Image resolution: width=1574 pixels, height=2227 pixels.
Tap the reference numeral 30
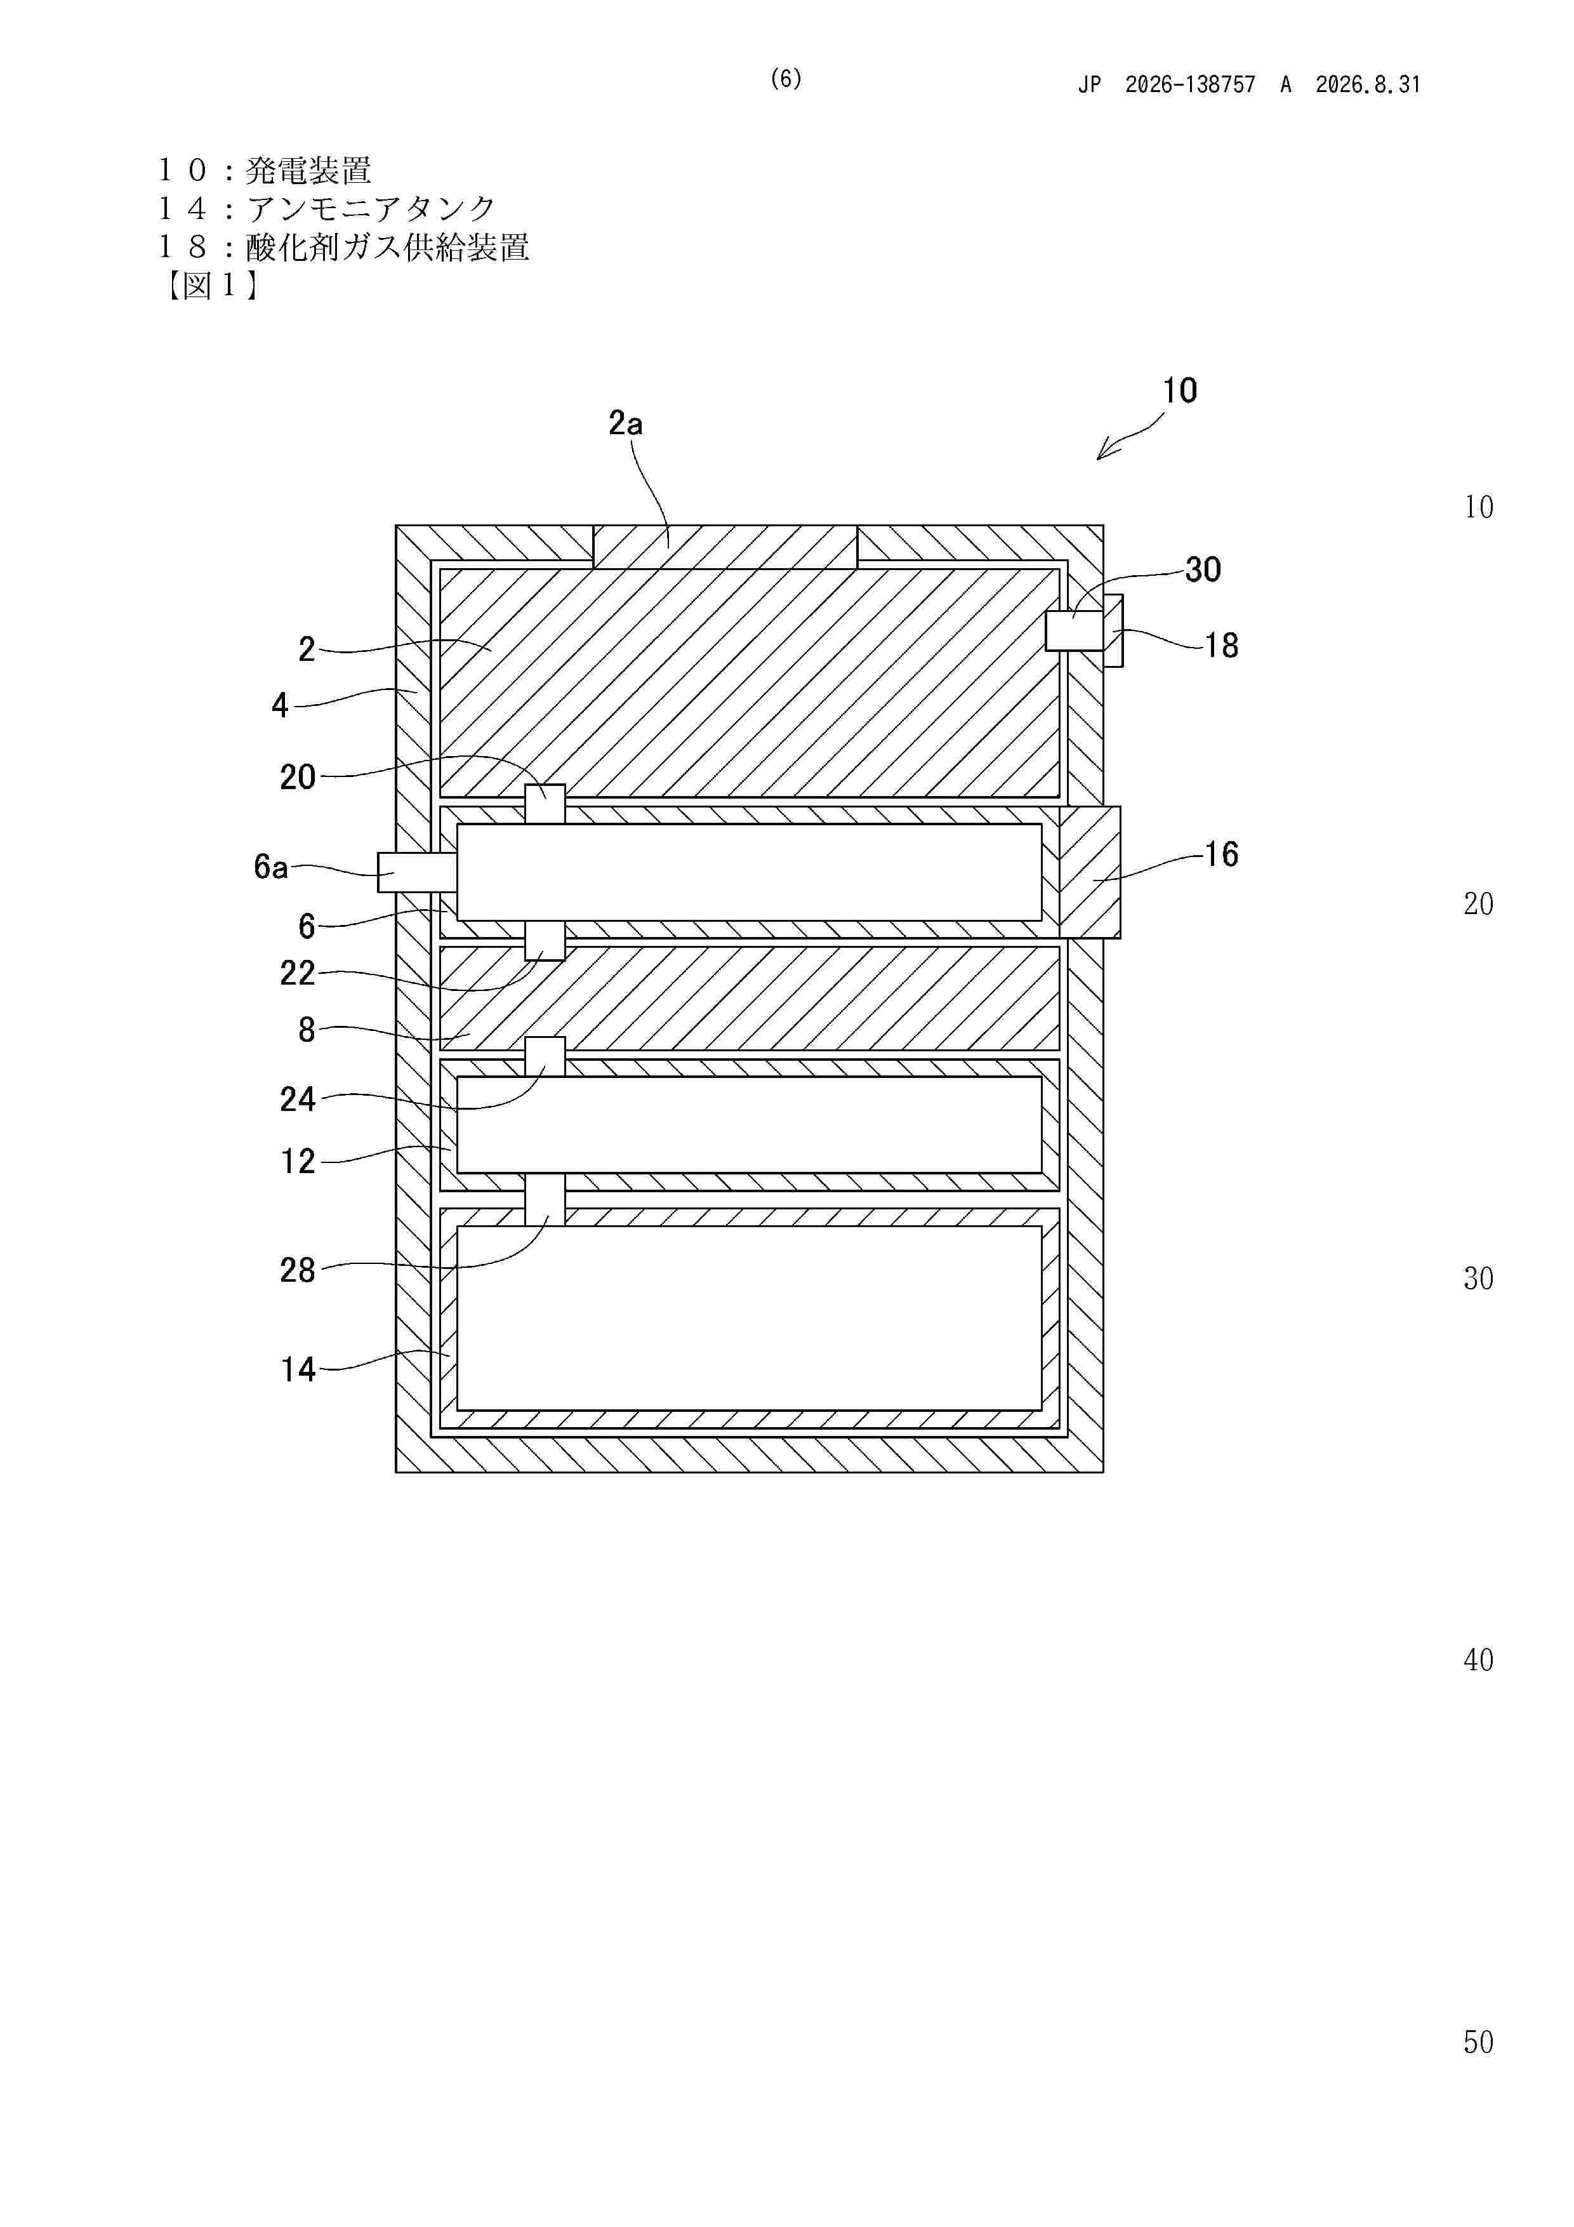point(1203,569)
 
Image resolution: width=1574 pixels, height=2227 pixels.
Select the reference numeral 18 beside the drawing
point(1221,645)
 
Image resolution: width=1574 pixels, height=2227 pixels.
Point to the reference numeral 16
point(1221,854)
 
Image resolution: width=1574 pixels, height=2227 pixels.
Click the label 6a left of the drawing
point(270,866)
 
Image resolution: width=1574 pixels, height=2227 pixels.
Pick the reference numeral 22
point(298,973)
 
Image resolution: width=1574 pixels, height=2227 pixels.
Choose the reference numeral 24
point(298,1099)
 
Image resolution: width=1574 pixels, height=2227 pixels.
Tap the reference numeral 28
point(298,1270)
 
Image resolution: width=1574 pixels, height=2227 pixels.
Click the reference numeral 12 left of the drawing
point(298,1161)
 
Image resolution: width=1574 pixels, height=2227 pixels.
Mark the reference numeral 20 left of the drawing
point(298,777)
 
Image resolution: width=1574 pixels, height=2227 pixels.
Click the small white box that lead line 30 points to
point(1075,630)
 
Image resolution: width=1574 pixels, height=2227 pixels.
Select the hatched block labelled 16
point(1090,872)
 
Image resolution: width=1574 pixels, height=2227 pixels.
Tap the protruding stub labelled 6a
point(417,872)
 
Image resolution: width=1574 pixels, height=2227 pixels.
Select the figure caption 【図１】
point(209,285)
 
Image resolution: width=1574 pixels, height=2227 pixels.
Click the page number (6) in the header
point(786,79)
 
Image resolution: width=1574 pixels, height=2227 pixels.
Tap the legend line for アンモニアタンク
point(327,208)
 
